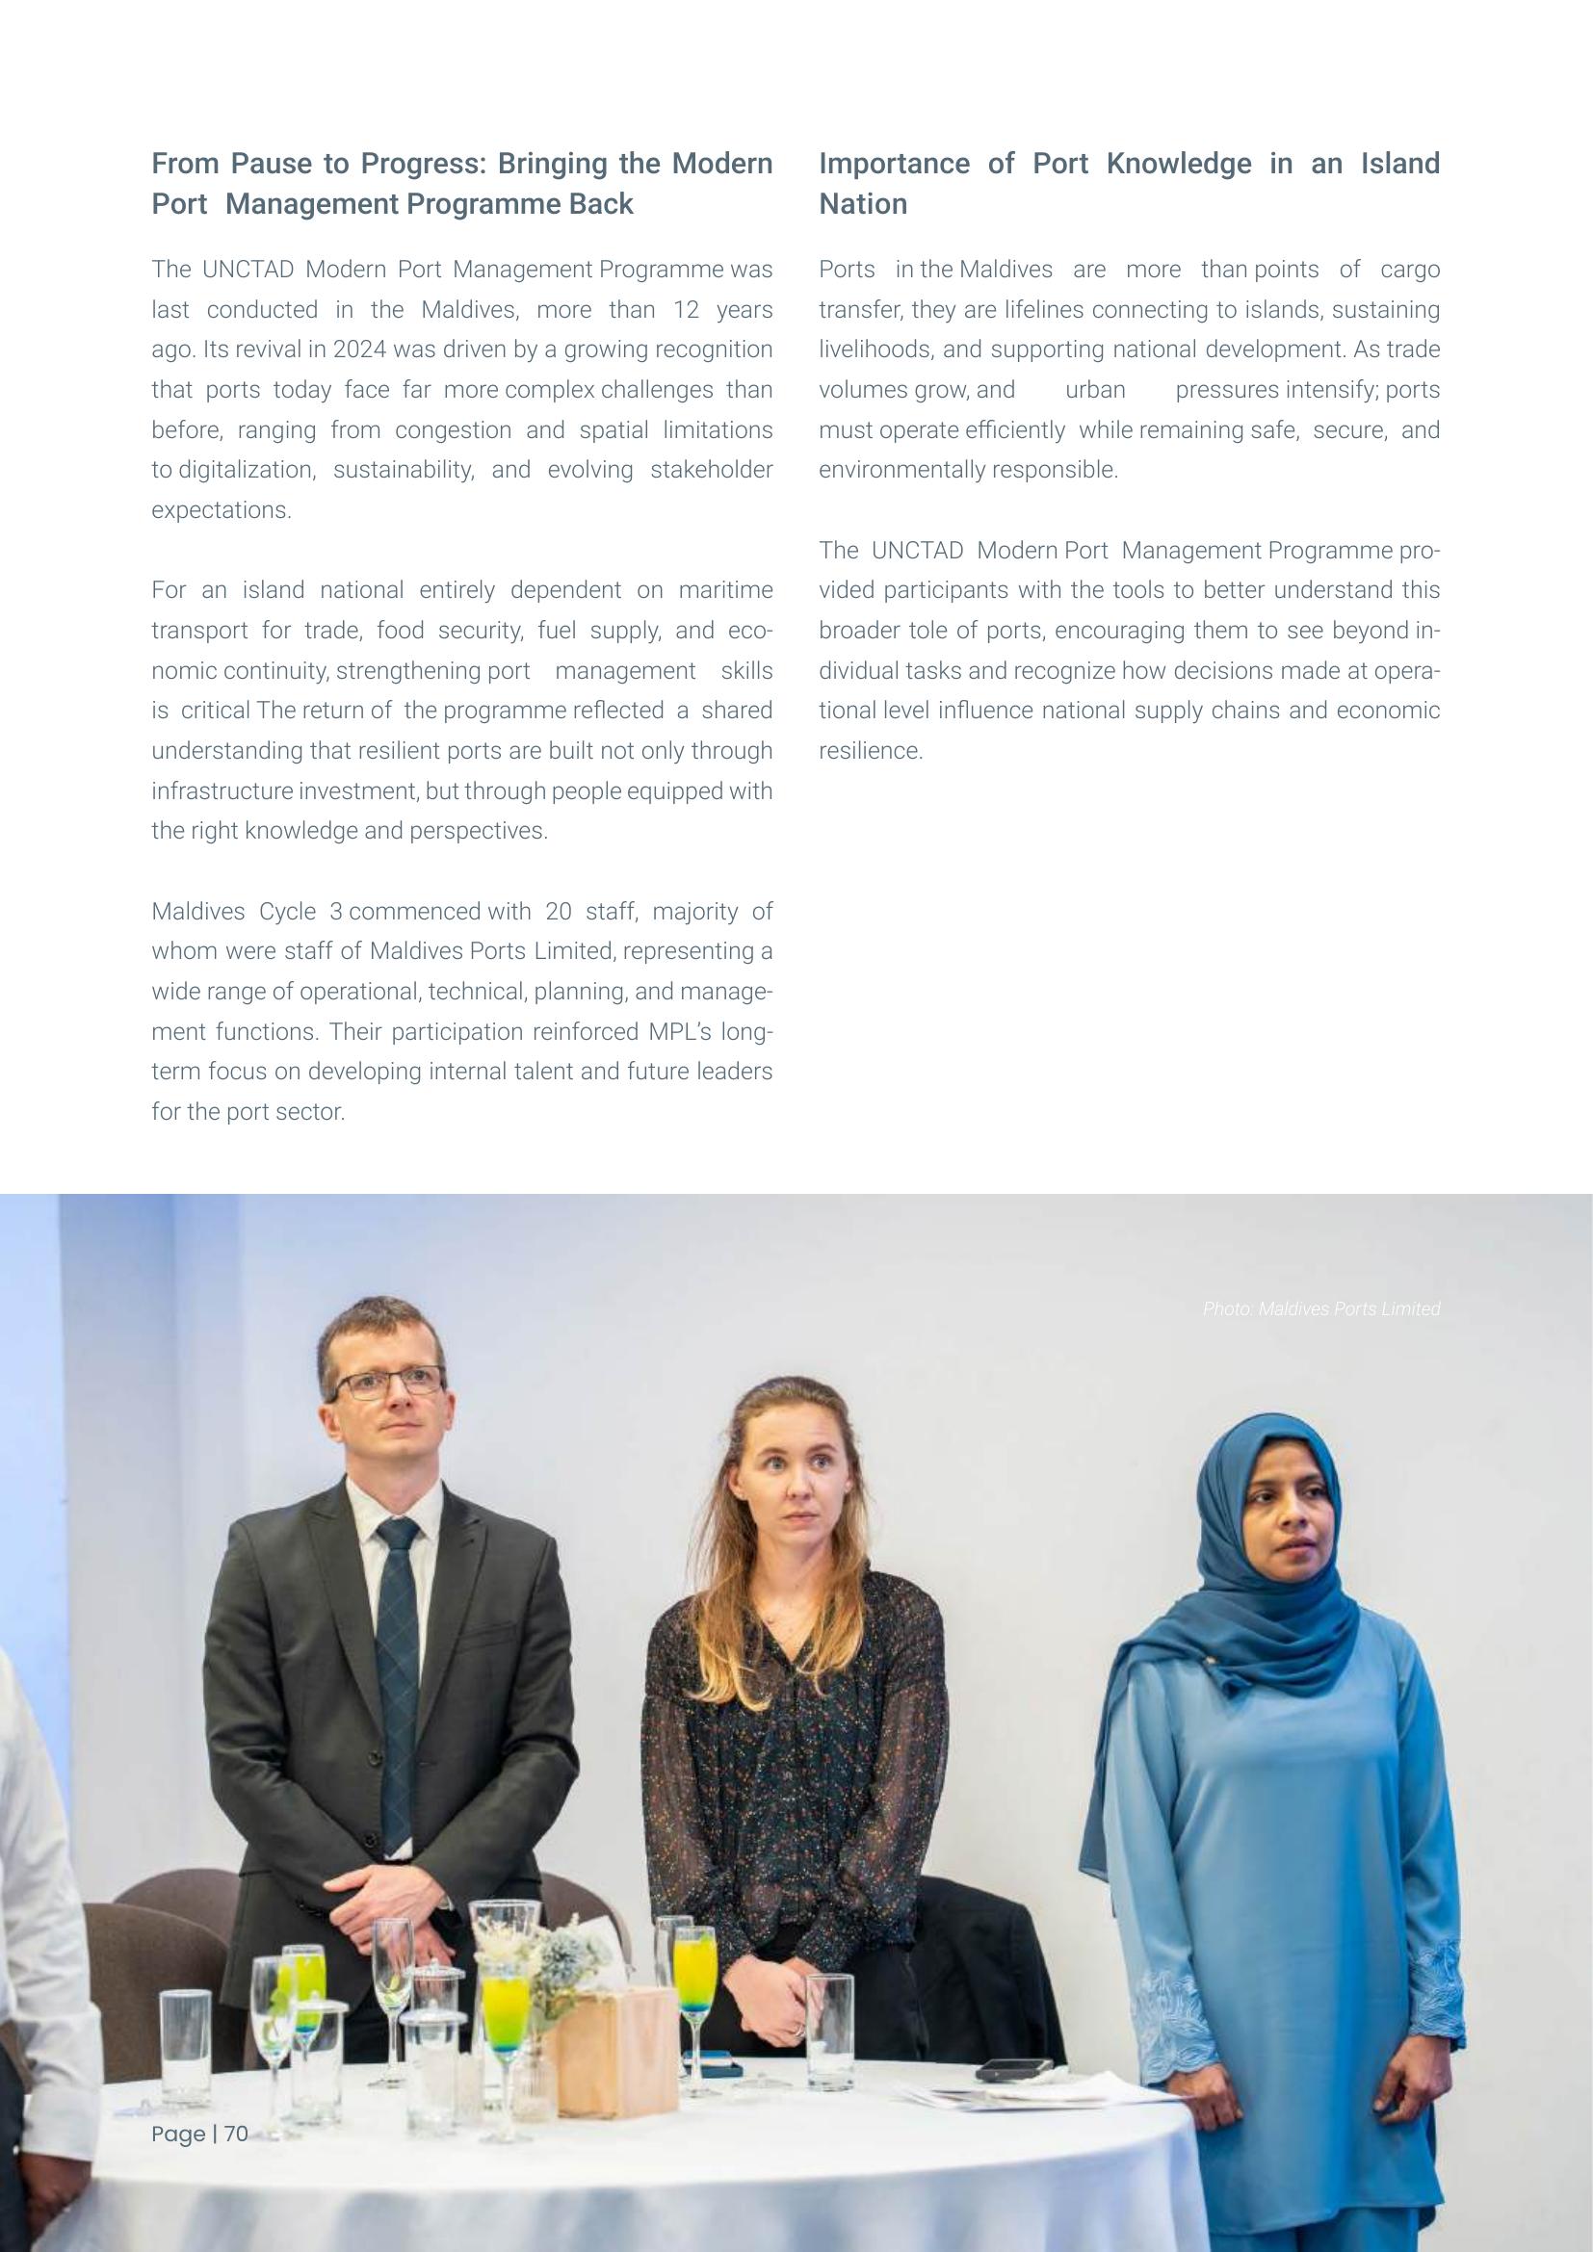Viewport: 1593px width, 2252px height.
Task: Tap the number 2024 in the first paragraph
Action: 359,350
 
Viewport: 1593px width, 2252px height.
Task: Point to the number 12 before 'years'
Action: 686,310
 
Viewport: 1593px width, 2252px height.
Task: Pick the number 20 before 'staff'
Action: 559,911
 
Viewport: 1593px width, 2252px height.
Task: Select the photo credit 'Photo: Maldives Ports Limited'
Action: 1320,1308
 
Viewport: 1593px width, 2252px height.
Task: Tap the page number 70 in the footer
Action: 236,2134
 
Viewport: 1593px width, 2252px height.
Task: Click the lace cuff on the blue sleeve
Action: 1167,2010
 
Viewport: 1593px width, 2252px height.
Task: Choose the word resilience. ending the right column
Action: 871,751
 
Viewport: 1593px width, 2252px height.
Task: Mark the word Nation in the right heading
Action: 862,204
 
